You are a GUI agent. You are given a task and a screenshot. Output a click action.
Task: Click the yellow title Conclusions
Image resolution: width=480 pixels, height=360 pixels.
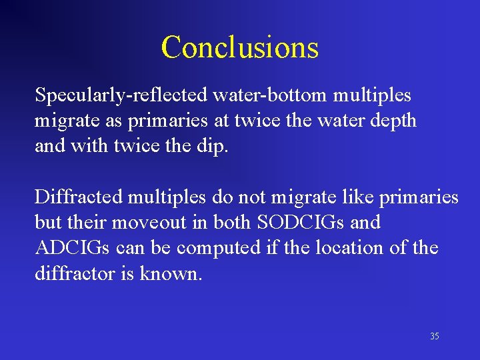[x=239, y=47]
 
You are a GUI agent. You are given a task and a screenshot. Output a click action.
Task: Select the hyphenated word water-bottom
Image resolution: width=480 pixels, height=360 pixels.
[x=270, y=96]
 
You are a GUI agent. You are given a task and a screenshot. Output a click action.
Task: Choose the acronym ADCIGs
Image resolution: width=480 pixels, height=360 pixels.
[x=73, y=247]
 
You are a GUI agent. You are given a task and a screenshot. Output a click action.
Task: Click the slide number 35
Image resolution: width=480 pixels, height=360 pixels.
[x=434, y=337]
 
